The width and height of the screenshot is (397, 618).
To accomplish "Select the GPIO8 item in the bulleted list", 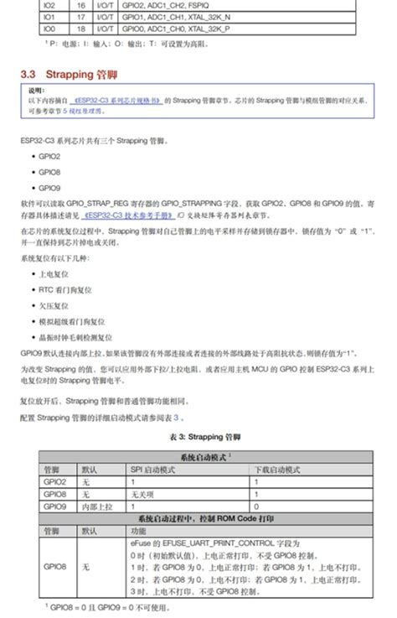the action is [49, 172].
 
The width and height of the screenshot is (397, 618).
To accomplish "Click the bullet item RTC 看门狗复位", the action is [64, 289].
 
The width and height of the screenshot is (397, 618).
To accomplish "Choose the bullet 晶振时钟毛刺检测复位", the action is [72, 336].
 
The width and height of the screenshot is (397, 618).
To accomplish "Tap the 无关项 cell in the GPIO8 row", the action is [144, 495].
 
